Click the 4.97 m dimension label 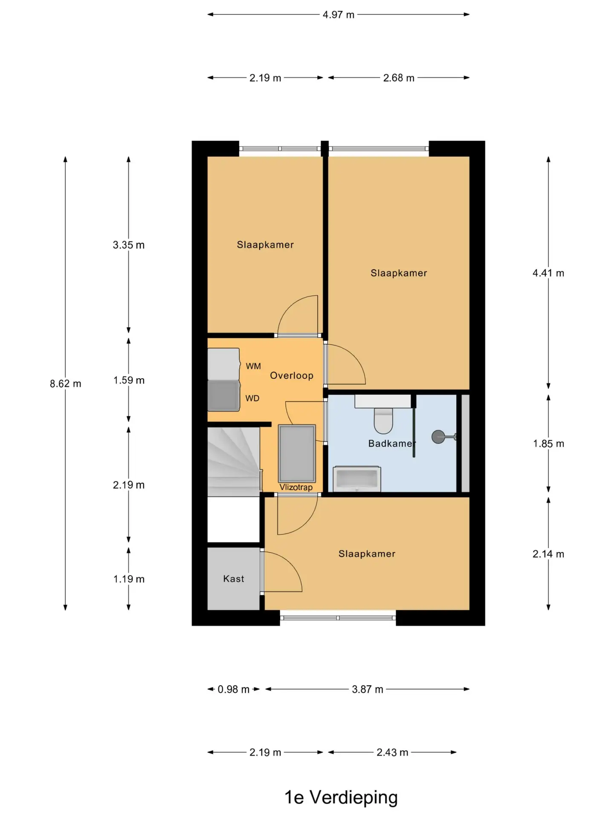(338, 14)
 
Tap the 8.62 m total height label (65, 383)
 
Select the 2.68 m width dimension (399, 78)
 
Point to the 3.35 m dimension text (128, 245)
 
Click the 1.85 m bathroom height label (548, 444)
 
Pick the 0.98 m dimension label (233, 689)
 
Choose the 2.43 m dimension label (392, 752)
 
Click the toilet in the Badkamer (383, 420)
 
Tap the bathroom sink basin (357, 478)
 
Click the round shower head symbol (438, 436)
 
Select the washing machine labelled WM (223, 364)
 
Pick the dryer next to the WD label (223, 395)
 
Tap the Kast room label (234, 579)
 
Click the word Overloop (292, 375)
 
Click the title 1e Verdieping (341, 797)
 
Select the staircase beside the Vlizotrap (234, 461)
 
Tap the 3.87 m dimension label (367, 689)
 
